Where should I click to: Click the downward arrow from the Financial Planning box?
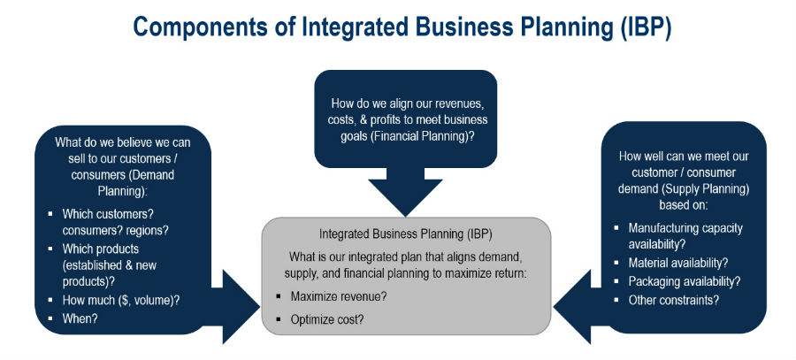coord(405,191)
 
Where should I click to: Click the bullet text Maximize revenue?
coord(339,296)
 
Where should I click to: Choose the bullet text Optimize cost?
coord(327,320)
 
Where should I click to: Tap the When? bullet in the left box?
coord(80,319)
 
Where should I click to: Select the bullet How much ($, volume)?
coord(121,300)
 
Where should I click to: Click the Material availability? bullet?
coord(678,263)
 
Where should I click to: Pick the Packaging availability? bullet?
coord(685,281)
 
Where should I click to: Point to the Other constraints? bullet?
coord(674,300)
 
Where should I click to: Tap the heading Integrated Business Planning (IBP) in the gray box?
coord(406,234)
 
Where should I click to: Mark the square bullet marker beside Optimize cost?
coord(279,320)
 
